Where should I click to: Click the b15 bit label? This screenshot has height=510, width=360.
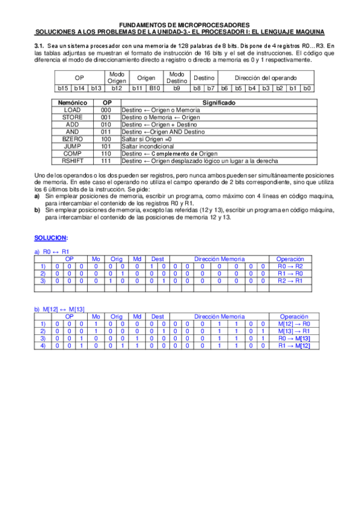[63, 88]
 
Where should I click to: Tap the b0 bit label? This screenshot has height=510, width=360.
[306, 88]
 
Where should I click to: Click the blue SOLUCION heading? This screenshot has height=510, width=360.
[50, 238]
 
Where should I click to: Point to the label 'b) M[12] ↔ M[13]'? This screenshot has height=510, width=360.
[59, 309]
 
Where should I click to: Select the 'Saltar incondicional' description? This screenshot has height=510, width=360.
[147, 147]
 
